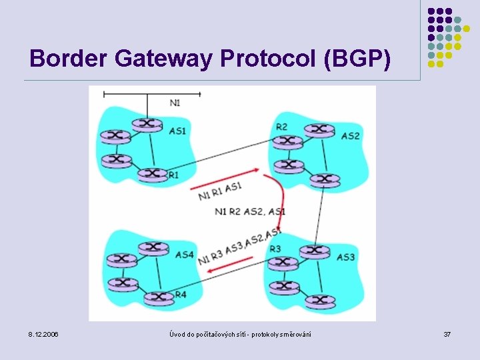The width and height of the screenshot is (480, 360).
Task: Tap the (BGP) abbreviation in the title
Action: pyautogui.click(x=357, y=59)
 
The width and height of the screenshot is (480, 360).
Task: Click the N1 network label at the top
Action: pyautogui.click(x=175, y=103)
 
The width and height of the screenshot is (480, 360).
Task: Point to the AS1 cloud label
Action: pyautogui.click(x=177, y=131)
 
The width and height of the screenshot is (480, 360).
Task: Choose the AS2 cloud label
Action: pyautogui.click(x=350, y=136)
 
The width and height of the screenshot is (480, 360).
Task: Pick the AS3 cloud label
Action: pyautogui.click(x=345, y=257)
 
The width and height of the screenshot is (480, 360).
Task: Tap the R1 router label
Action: pyautogui.click(x=173, y=175)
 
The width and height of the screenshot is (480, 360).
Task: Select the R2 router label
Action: pyautogui.click(x=281, y=127)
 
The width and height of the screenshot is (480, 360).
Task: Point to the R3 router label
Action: pyautogui.click(x=275, y=249)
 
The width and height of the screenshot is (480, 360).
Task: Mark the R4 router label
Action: pyautogui.click(x=181, y=295)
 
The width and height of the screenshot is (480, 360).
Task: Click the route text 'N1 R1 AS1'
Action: pyautogui.click(x=219, y=191)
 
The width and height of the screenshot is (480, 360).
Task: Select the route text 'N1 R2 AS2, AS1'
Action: pyautogui.click(x=250, y=212)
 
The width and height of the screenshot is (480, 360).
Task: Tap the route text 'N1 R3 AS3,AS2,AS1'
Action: pyautogui.click(x=239, y=247)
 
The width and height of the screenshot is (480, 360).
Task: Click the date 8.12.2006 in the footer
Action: pyautogui.click(x=43, y=333)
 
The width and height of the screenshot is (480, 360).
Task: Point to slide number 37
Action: pyautogui.click(x=447, y=333)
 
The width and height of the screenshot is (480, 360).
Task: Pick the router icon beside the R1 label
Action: pyautogui.click(x=153, y=174)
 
